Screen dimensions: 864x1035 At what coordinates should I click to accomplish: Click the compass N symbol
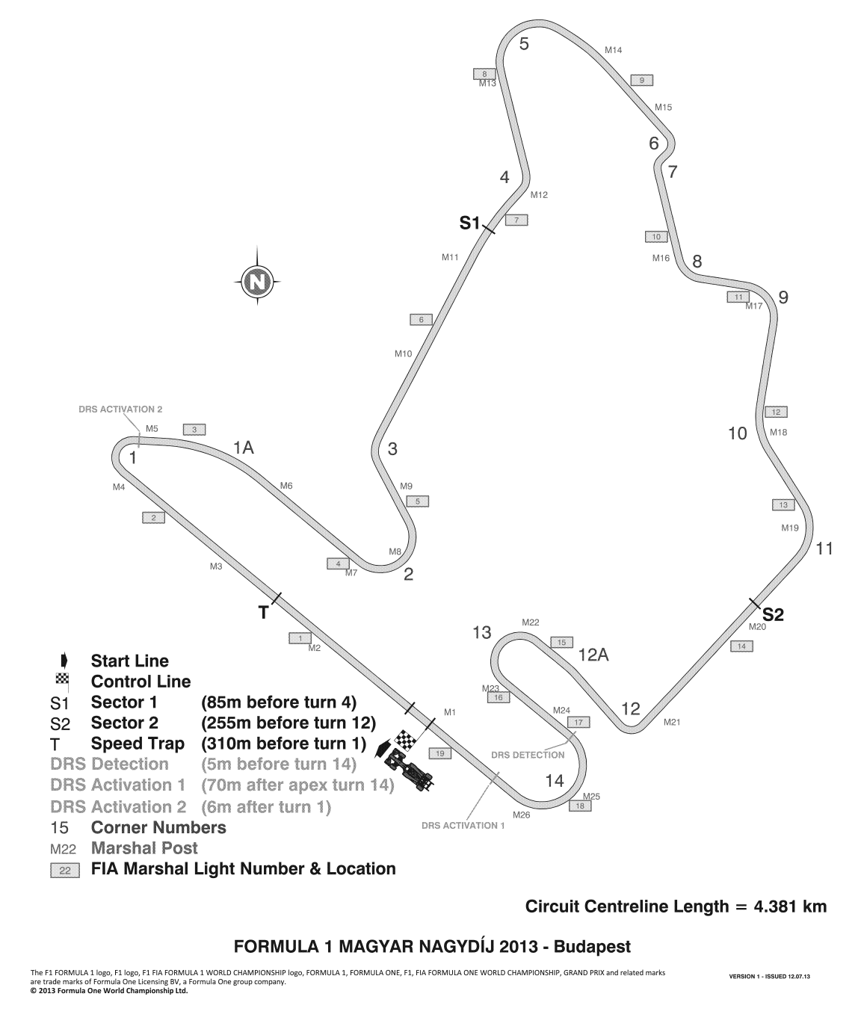[257, 281]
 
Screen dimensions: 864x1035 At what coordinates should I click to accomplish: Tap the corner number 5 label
[524, 44]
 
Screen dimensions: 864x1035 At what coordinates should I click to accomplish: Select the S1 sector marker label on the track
[469, 223]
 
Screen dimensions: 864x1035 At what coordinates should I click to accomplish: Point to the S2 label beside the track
[773, 615]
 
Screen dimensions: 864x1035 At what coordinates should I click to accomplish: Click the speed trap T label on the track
[264, 614]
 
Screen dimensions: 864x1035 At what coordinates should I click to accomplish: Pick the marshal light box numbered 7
[516, 220]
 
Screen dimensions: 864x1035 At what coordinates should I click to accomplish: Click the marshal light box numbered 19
[439, 753]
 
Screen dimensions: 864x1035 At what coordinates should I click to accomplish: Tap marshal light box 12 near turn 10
[777, 412]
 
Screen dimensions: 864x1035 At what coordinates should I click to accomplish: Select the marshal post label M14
[613, 50]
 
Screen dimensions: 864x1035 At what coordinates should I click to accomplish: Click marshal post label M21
[672, 722]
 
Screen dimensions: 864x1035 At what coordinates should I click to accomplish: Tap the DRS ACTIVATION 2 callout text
[120, 410]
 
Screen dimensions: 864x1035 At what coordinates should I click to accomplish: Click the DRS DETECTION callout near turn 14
[528, 755]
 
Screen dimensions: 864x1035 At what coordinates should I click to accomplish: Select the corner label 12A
[593, 655]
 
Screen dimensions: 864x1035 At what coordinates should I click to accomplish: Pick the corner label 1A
[244, 448]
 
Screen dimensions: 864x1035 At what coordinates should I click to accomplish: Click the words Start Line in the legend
[130, 661]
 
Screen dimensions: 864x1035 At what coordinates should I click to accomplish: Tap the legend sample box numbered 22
[65, 871]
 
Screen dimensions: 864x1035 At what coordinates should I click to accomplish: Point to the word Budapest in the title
[593, 947]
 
